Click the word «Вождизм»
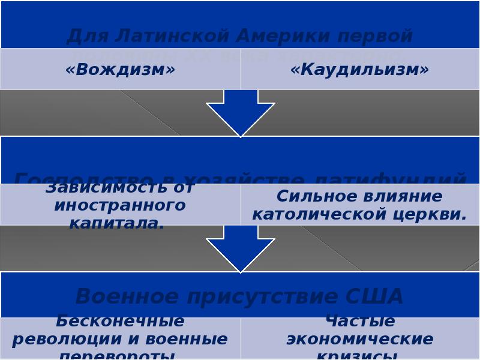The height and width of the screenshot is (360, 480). click(120, 70)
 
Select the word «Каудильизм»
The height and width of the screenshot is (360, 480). click(359, 70)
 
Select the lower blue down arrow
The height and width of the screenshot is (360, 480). click(241, 248)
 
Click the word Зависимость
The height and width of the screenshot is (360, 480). click(120, 188)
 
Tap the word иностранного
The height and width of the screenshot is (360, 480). click(120, 205)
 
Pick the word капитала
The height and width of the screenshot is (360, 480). click(116, 223)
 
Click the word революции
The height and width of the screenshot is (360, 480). click(62, 339)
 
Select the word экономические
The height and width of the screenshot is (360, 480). click(359, 339)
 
